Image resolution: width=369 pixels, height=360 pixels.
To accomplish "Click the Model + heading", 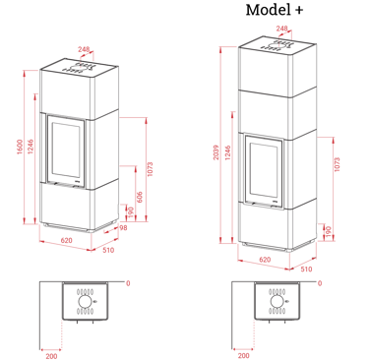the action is click(x=275, y=10).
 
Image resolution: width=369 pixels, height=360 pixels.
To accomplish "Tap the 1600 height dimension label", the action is click(x=20, y=147).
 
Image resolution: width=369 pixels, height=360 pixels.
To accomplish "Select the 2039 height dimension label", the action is click(x=216, y=152).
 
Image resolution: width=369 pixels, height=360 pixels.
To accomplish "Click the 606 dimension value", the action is click(x=140, y=197).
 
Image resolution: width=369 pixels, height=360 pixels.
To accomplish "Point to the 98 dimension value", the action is click(x=123, y=227).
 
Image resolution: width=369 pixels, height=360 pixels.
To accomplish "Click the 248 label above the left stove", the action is click(x=84, y=49).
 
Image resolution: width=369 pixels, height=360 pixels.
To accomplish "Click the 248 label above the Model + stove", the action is click(x=281, y=29).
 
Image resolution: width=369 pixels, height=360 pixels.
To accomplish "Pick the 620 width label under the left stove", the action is click(x=66, y=240).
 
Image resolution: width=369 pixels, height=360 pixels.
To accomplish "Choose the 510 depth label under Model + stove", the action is click(x=306, y=270).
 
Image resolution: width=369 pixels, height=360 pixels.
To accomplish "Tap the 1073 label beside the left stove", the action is click(x=150, y=169).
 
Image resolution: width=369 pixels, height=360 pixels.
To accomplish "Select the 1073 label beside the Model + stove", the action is click(x=338, y=164).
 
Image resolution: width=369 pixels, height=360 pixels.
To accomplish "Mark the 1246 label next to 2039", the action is click(x=228, y=152).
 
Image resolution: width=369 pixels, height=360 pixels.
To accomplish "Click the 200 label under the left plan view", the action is click(x=51, y=356).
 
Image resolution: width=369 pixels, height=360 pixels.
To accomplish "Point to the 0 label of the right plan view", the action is click(x=320, y=283).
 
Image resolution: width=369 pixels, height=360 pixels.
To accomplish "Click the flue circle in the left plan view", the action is click(x=84, y=302).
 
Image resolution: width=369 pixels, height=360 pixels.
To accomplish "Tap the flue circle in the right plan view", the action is click(x=276, y=302).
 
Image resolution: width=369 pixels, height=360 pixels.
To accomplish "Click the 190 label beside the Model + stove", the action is click(x=329, y=232).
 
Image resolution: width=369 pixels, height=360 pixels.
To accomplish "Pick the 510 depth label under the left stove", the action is click(x=108, y=250).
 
